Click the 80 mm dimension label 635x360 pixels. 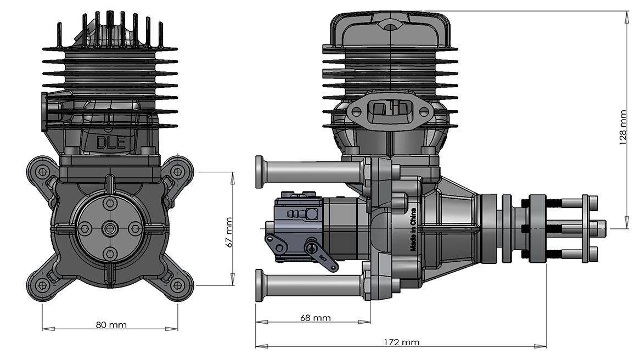[x=111, y=325]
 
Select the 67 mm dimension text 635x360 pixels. [x=228, y=233]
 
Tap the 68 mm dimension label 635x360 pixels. [x=316, y=318]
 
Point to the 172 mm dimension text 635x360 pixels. [x=402, y=342]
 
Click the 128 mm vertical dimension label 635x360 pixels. [x=623, y=128]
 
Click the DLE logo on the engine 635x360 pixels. [x=110, y=143]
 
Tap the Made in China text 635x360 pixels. [x=413, y=229]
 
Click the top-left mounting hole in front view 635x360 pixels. [x=42, y=172]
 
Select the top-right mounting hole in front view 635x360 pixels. [x=177, y=172]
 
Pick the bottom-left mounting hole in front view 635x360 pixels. [x=42, y=285]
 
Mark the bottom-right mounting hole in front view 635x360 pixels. [x=177, y=285]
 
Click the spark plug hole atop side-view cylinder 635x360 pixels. [x=390, y=27]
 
